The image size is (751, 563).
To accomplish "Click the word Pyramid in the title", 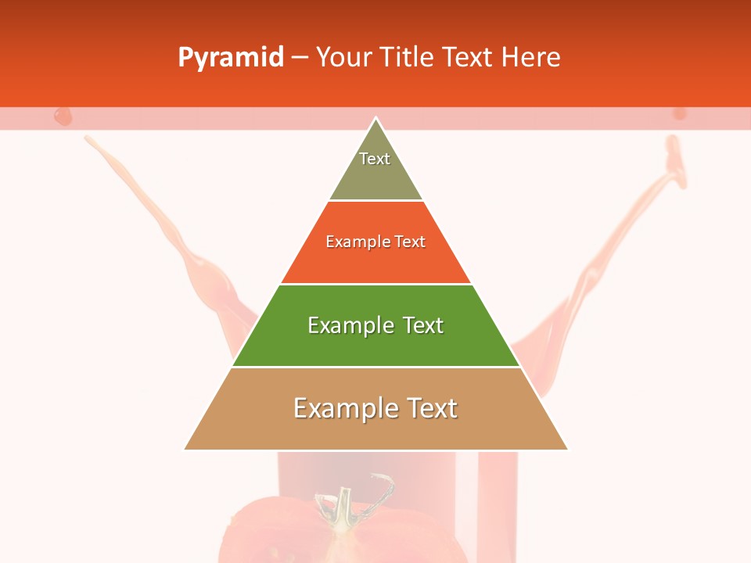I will (x=231, y=58).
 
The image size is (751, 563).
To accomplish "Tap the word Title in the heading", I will (x=408, y=58).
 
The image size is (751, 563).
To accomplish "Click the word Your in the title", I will (x=343, y=58).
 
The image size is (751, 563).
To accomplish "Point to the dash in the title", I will (x=300, y=58).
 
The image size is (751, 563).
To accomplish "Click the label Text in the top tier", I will (x=375, y=159).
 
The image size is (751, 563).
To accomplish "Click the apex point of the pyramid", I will (x=376, y=119).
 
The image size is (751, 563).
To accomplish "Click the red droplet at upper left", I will (x=63, y=117).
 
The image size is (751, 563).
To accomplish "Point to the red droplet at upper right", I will (x=679, y=113).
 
